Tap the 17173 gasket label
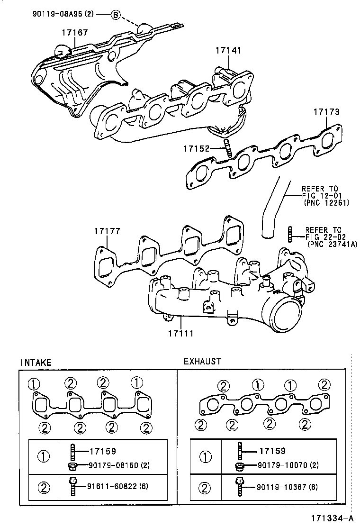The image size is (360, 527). pyautogui.click(x=326, y=112)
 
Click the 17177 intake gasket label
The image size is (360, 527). pyautogui.click(x=107, y=231)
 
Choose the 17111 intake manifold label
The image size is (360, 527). pyautogui.click(x=180, y=334)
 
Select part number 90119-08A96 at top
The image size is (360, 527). pyautogui.click(x=63, y=14)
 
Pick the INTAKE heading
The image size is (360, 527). pyautogui.click(x=36, y=363)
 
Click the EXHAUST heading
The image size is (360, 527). pyautogui.click(x=202, y=362)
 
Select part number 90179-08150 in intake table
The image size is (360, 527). pyautogui.click(x=114, y=465)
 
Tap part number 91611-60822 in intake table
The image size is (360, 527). pyautogui.click(x=114, y=486)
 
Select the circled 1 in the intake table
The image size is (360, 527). pyautogui.click(x=43, y=457)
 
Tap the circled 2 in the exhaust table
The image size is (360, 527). pyautogui.click(x=205, y=487)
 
